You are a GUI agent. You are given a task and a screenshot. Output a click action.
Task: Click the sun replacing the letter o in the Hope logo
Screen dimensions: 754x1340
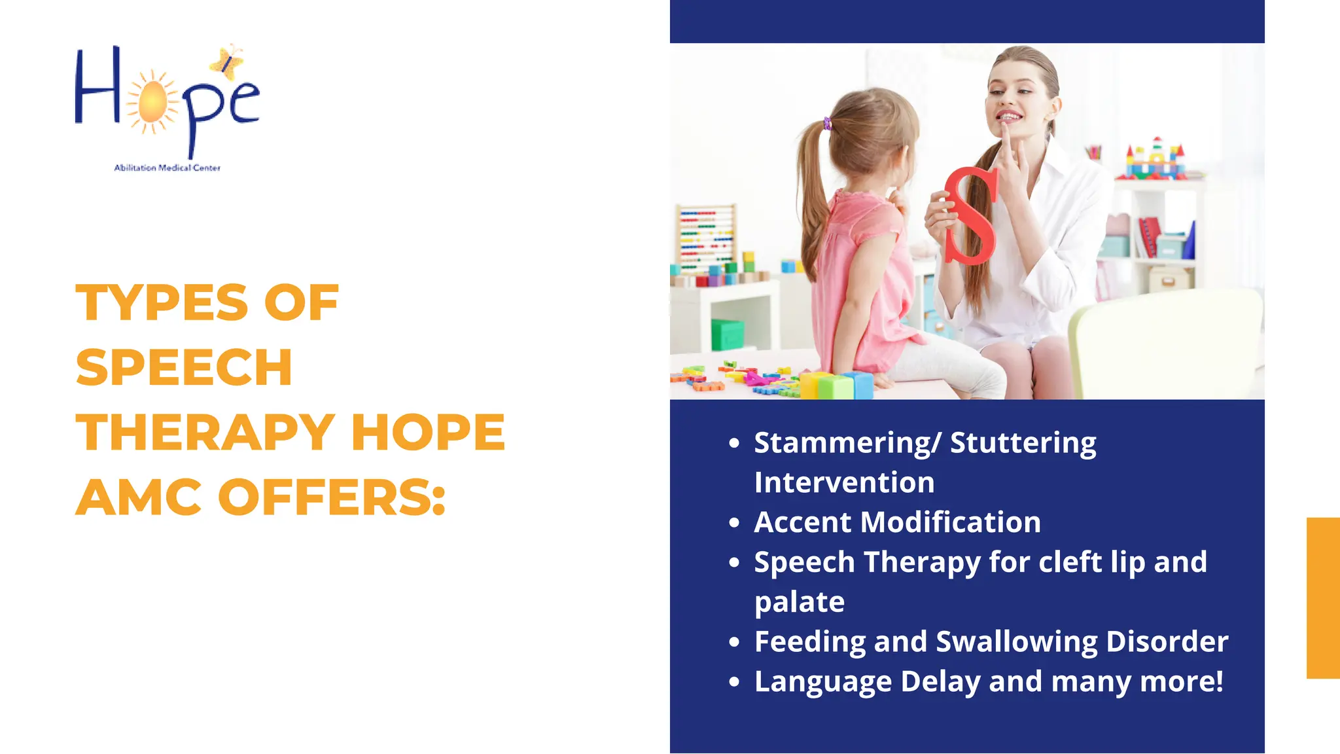pos(153,101)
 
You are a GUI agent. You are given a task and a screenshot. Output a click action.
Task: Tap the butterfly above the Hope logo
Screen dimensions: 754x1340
pos(227,62)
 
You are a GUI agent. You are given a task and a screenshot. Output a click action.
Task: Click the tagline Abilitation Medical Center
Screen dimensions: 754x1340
pos(167,168)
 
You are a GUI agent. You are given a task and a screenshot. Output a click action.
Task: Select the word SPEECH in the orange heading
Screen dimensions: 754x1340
pos(184,367)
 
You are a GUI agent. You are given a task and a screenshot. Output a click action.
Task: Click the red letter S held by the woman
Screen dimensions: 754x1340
pos(971,215)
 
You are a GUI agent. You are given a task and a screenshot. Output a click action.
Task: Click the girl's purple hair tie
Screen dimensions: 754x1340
pos(828,123)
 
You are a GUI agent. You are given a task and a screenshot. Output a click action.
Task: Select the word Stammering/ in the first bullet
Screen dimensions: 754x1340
pos(847,443)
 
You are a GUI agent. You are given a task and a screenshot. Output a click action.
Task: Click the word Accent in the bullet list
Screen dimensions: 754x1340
pos(802,522)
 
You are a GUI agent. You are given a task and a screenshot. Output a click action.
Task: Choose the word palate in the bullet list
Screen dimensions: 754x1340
pos(799,602)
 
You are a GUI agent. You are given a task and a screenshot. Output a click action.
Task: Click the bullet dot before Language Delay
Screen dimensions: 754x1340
pos(734,681)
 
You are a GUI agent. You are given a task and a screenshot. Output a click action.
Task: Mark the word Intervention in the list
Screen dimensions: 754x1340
pos(844,483)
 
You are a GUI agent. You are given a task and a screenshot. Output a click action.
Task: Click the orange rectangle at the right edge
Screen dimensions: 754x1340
pos(1323,598)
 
